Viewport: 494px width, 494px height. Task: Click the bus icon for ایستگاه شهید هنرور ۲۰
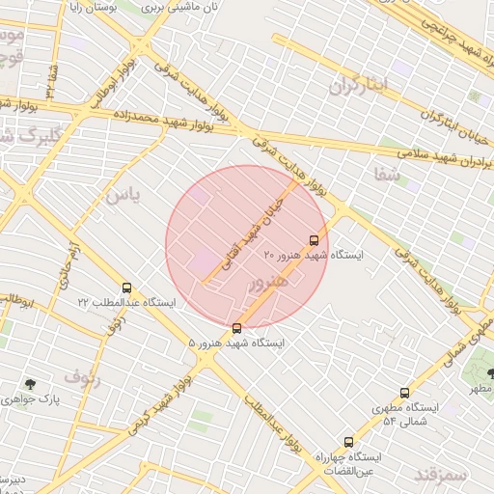(314, 239)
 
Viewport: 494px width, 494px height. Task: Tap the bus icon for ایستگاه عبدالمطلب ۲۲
(126, 288)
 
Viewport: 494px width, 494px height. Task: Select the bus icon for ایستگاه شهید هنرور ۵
(237, 328)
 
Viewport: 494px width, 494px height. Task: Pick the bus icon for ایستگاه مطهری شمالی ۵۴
(404, 393)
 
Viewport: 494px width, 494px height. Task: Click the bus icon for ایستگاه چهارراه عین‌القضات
(348, 442)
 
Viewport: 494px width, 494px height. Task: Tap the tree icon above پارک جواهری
(33, 383)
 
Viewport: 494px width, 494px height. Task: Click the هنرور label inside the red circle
(268, 283)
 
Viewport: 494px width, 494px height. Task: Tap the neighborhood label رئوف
(82, 374)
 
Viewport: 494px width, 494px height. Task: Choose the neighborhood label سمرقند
(440, 475)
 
